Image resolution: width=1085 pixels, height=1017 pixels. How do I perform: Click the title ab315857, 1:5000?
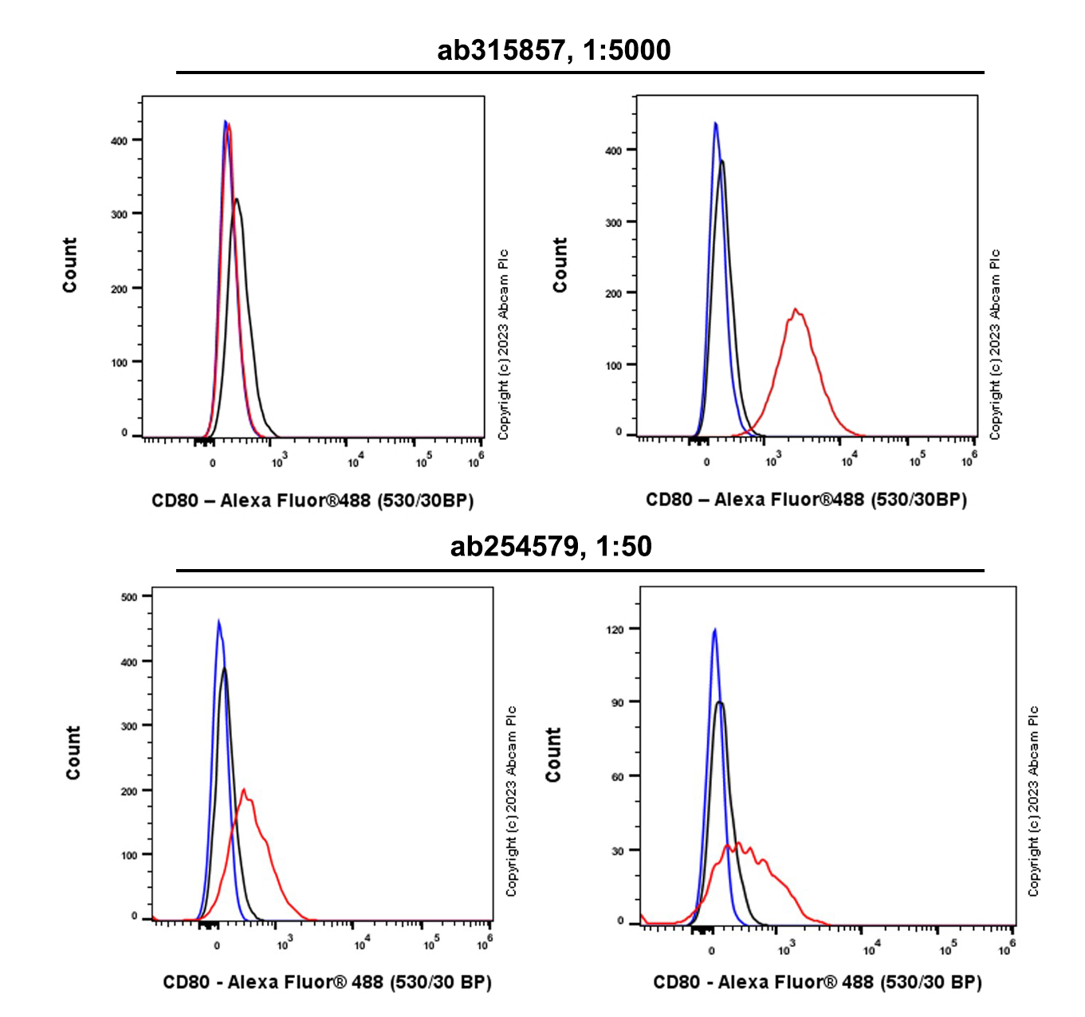pos(553,50)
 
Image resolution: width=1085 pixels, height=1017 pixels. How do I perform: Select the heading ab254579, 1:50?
pos(551,546)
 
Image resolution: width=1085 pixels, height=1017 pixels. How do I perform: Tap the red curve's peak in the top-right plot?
pos(795,309)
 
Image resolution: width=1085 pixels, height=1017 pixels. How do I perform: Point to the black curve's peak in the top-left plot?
pos(236,199)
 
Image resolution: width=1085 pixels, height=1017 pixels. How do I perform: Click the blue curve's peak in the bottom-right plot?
pos(714,630)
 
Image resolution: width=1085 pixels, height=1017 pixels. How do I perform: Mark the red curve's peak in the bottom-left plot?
pos(243,790)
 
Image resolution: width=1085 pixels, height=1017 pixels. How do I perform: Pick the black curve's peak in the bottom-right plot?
pos(720,702)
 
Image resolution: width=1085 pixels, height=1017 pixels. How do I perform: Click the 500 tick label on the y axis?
pos(129,597)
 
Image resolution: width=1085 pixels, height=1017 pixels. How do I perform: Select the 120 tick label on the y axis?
pos(615,630)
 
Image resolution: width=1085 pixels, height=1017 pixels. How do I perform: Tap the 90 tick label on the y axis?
pos(617,703)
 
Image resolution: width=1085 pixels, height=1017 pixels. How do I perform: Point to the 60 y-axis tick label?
pos(617,777)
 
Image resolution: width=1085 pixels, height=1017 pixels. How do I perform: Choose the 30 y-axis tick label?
pos(617,851)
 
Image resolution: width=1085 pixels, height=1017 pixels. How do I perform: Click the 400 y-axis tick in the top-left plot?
pos(119,141)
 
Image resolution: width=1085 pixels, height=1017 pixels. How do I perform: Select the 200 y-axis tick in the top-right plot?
pos(613,294)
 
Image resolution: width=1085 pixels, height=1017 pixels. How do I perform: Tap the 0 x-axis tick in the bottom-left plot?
pos(217,946)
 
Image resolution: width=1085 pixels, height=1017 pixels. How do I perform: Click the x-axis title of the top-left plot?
pos(313,501)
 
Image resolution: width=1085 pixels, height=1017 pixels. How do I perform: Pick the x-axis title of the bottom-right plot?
pos(817,982)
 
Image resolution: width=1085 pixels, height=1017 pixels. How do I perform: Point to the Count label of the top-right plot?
pos(560,265)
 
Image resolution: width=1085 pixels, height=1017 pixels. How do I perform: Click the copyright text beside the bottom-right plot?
pos(1033,801)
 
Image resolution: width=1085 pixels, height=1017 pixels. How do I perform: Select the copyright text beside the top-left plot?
pos(503,344)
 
